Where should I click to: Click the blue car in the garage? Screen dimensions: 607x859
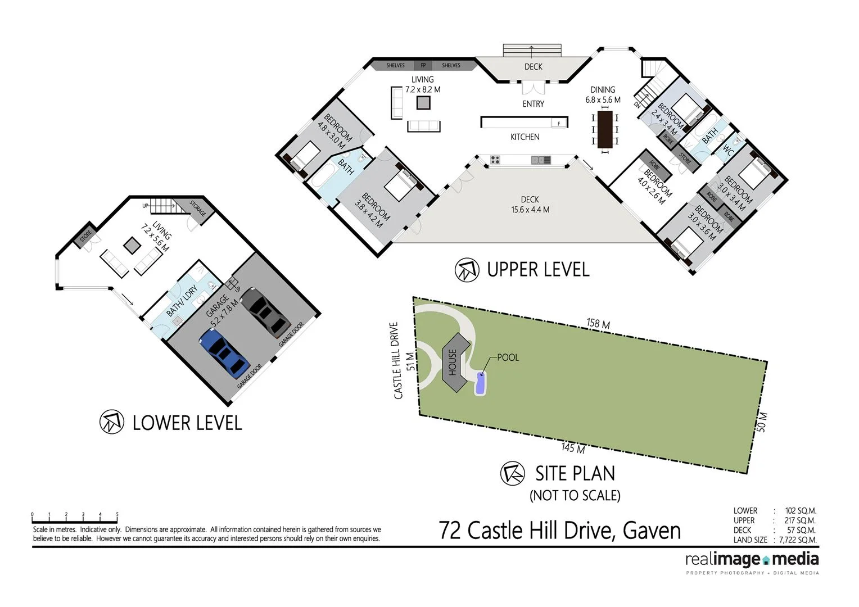pos(224,352)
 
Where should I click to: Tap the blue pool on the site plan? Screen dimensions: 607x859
pos(481,383)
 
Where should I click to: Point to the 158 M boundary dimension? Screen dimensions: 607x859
pos(598,324)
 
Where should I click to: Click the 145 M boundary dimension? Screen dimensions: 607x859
pos(573,448)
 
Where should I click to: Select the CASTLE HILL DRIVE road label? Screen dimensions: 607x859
pos(396,360)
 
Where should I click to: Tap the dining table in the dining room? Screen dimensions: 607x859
pos(605,129)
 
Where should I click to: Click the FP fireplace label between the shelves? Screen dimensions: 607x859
pos(423,65)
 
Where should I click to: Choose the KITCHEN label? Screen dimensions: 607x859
pos(525,137)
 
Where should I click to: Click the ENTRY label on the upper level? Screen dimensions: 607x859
pos(533,104)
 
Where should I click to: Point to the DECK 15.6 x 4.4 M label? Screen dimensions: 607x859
pos(530,205)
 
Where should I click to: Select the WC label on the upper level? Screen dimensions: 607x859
pos(728,151)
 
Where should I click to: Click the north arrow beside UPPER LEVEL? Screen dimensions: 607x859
pos(467,270)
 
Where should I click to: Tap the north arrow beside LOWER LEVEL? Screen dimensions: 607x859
pos(111,422)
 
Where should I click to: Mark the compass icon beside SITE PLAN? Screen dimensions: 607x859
pos(512,473)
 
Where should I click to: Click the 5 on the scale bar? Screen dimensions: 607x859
pos(117,514)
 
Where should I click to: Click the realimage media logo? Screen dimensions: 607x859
pos(752,560)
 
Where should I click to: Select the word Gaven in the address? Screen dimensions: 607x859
pos(652,531)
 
